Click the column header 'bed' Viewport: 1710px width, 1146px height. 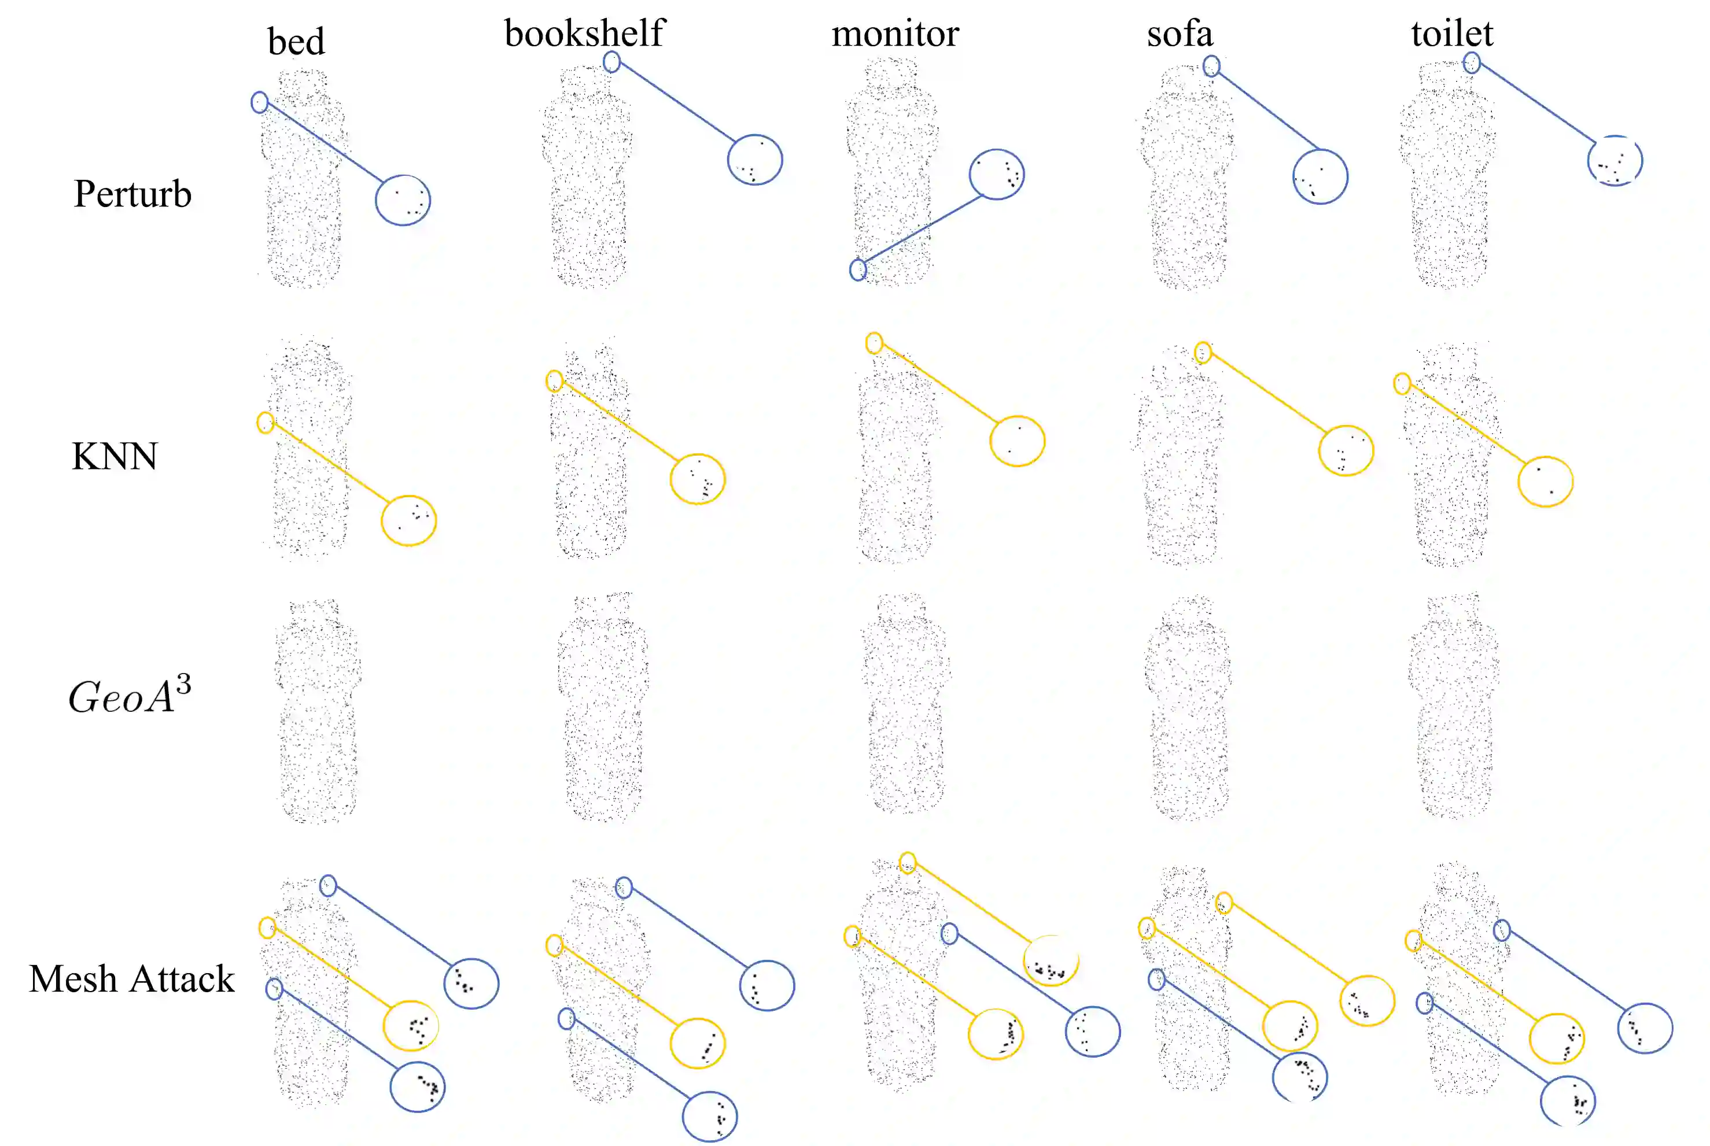[296, 41]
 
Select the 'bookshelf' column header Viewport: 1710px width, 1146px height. [584, 33]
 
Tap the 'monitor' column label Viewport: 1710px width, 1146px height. [895, 33]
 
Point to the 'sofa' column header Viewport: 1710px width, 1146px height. [1179, 33]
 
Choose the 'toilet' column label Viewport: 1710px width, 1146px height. [1452, 33]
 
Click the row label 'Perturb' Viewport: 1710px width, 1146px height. [132, 194]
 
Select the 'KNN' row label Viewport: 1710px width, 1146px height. [114, 456]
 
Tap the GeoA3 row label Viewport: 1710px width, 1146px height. [130, 695]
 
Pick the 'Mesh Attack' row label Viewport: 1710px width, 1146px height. [131, 979]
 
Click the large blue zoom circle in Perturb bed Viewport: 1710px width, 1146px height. [403, 200]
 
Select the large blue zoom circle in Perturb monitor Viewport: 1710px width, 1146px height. [997, 174]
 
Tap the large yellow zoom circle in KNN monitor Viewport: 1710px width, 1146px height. [1017, 441]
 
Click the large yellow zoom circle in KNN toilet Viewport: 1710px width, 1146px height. [1546, 482]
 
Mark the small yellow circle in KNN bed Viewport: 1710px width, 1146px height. [266, 423]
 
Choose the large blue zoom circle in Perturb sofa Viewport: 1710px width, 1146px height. [1320, 177]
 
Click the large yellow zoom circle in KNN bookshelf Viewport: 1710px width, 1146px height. [698, 479]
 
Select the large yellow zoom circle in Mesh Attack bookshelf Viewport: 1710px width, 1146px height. [698, 1044]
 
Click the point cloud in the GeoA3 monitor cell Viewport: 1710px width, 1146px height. [905, 705]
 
